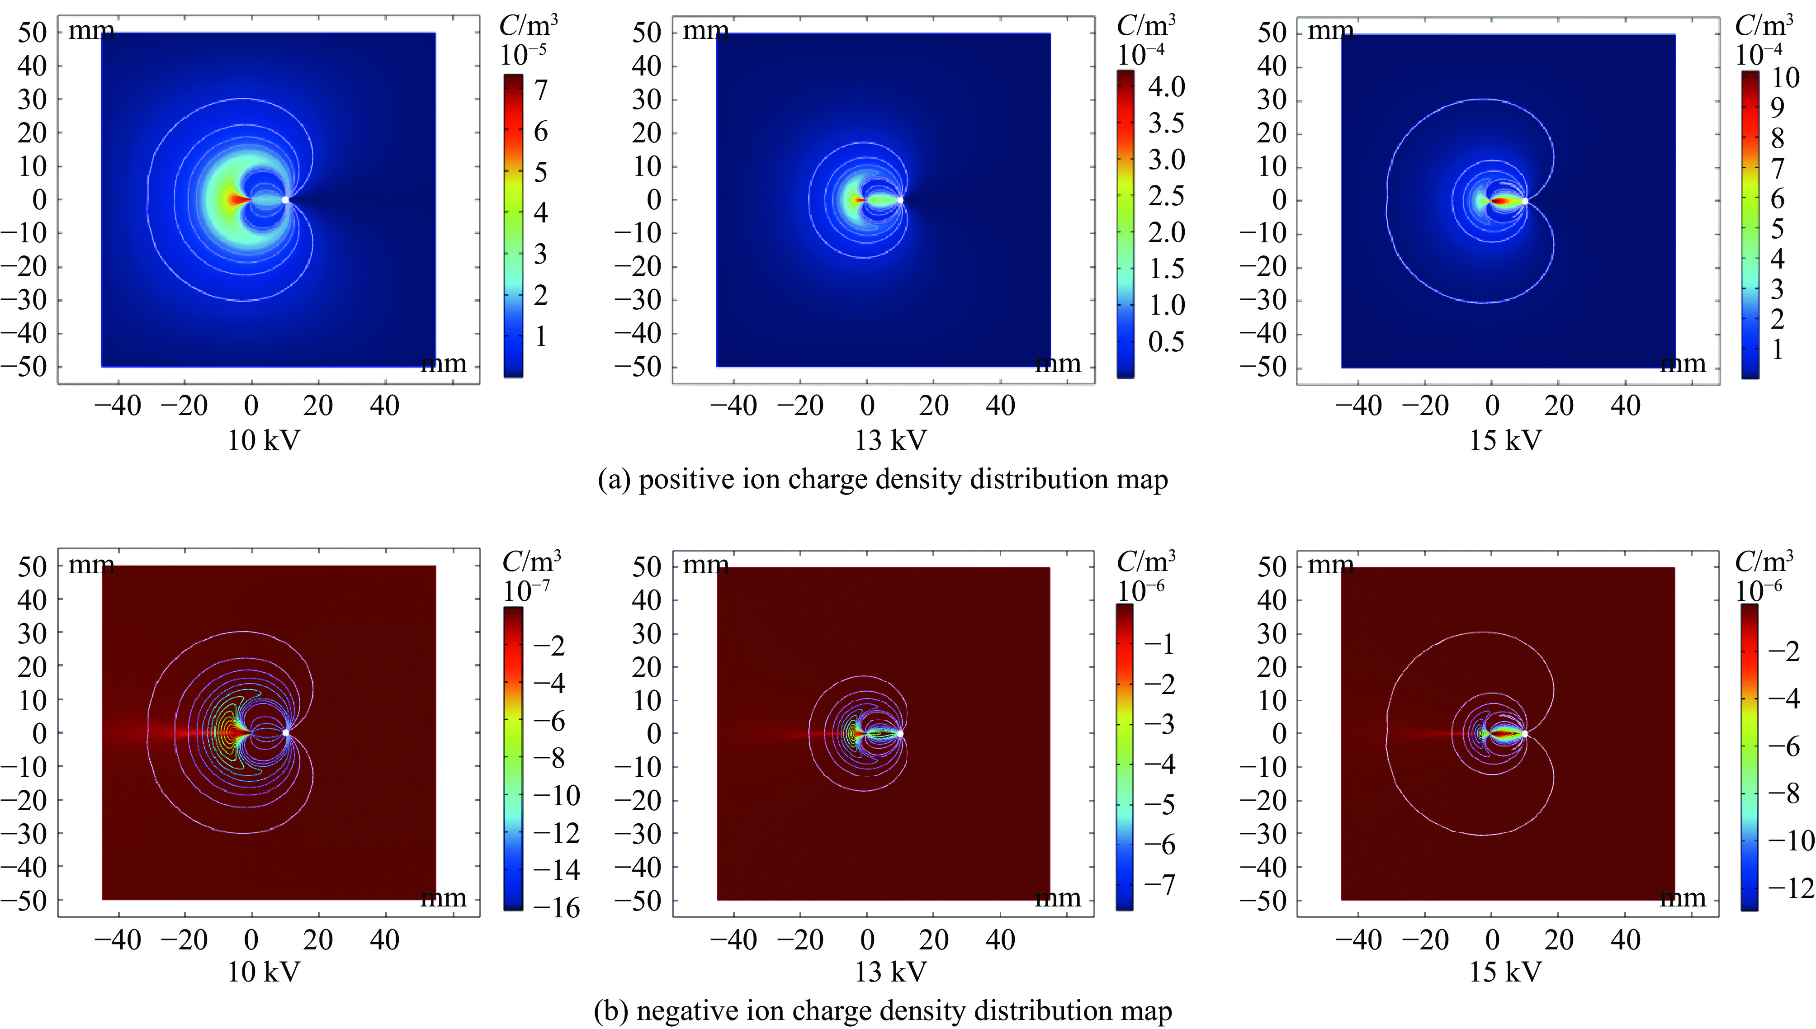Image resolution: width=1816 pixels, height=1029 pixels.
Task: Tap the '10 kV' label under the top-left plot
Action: pyautogui.click(x=263, y=440)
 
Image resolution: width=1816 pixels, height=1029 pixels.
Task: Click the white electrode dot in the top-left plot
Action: pyautogui.click(x=286, y=200)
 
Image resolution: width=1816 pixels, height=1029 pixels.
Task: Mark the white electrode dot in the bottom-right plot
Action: pyautogui.click(x=1525, y=734)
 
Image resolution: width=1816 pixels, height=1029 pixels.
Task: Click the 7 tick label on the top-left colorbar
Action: pyautogui.click(x=541, y=90)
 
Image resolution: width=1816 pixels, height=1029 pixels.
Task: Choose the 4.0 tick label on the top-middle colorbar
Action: pyautogui.click(x=1166, y=87)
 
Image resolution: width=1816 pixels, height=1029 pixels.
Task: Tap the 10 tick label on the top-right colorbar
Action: pyautogui.click(x=1785, y=77)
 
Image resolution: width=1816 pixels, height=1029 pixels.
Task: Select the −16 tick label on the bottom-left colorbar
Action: pyautogui.click(x=556, y=907)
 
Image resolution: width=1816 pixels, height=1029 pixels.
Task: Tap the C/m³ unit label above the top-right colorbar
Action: pyautogui.click(x=1764, y=25)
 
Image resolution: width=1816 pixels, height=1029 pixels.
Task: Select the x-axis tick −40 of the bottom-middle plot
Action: pyautogui.click(x=733, y=940)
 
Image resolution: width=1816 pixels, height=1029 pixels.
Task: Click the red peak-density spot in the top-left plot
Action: pyautogui.click(x=236, y=200)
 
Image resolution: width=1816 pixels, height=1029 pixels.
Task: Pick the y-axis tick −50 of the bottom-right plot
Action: pyautogui.click(x=1263, y=901)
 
